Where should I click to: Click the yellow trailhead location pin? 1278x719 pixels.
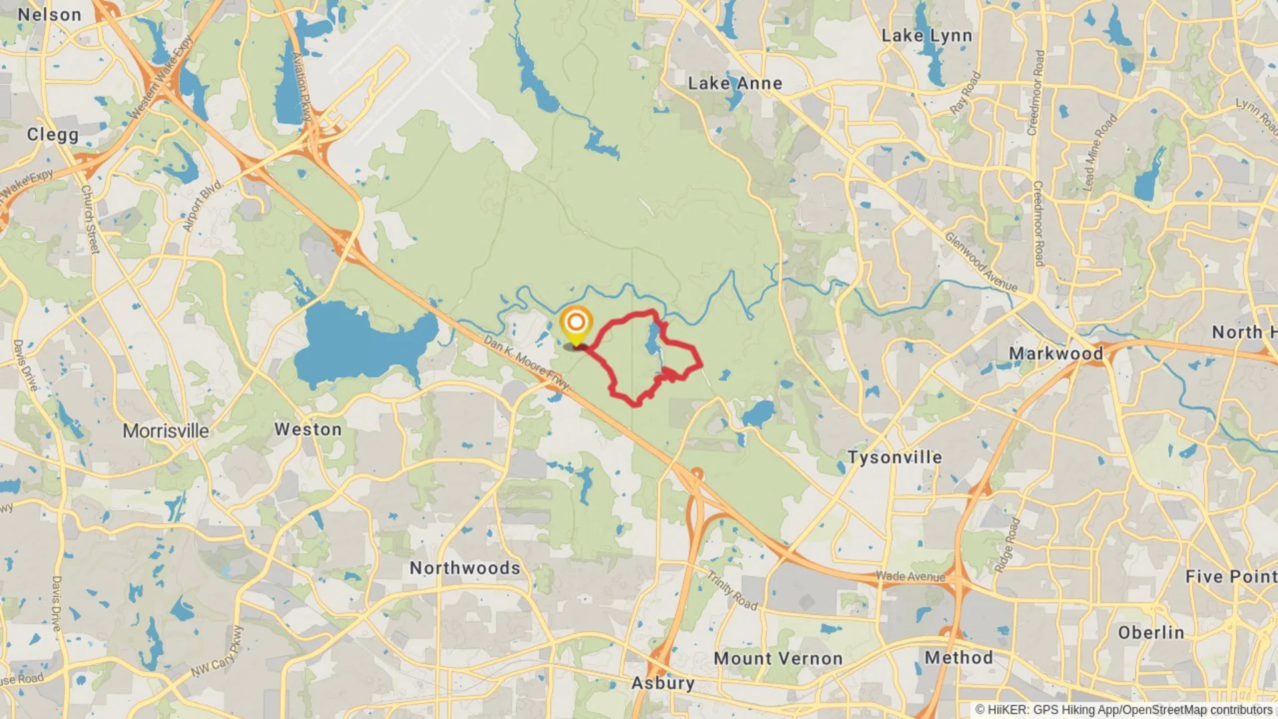tap(576, 324)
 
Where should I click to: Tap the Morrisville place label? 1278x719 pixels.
tap(166, 431)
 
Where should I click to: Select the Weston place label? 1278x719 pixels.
tap(308, 429)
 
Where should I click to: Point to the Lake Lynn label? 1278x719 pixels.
tap(927, 35)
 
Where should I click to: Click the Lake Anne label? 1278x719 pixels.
tap(735, 83)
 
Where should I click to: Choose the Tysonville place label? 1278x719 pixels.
tap(895, 457)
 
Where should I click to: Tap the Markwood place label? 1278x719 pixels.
tap(1056, 353)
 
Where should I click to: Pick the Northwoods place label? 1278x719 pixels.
tap(465, 568)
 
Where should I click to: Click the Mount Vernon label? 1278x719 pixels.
tap(778, 658)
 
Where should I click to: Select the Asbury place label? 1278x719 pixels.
tap(663, 683)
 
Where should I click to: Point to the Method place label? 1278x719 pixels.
tap(958, 658)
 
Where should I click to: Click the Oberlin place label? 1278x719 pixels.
tap(1151, 632)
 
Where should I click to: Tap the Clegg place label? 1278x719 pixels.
tap(53, 134)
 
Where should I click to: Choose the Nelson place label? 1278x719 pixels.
tap(49, 15)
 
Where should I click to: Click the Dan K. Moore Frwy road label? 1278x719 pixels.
tap(526, 363)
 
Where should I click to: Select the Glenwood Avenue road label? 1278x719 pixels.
tap(981, 262)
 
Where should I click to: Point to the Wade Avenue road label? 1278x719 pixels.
tap(910, 577)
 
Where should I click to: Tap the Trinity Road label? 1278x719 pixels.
tap(732, 591)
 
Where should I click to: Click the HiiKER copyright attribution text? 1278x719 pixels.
tap(1124, 710)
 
